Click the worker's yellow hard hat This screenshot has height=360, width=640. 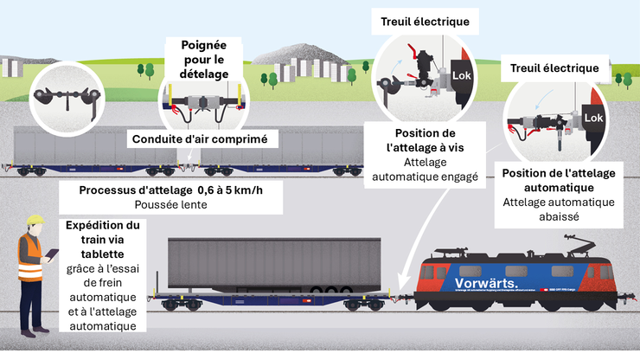click(x=35, y=221)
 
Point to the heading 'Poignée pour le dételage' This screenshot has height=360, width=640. click(x=204, y=59)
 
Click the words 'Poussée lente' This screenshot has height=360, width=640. click(x=171, y=205)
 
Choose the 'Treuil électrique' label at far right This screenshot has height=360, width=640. click(x=555, y=67)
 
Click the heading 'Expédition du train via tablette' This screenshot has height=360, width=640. click(x=103, y=240)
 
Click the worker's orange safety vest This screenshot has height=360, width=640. click(x=31, y=251)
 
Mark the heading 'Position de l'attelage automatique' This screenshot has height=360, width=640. click(x=558, y=180)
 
